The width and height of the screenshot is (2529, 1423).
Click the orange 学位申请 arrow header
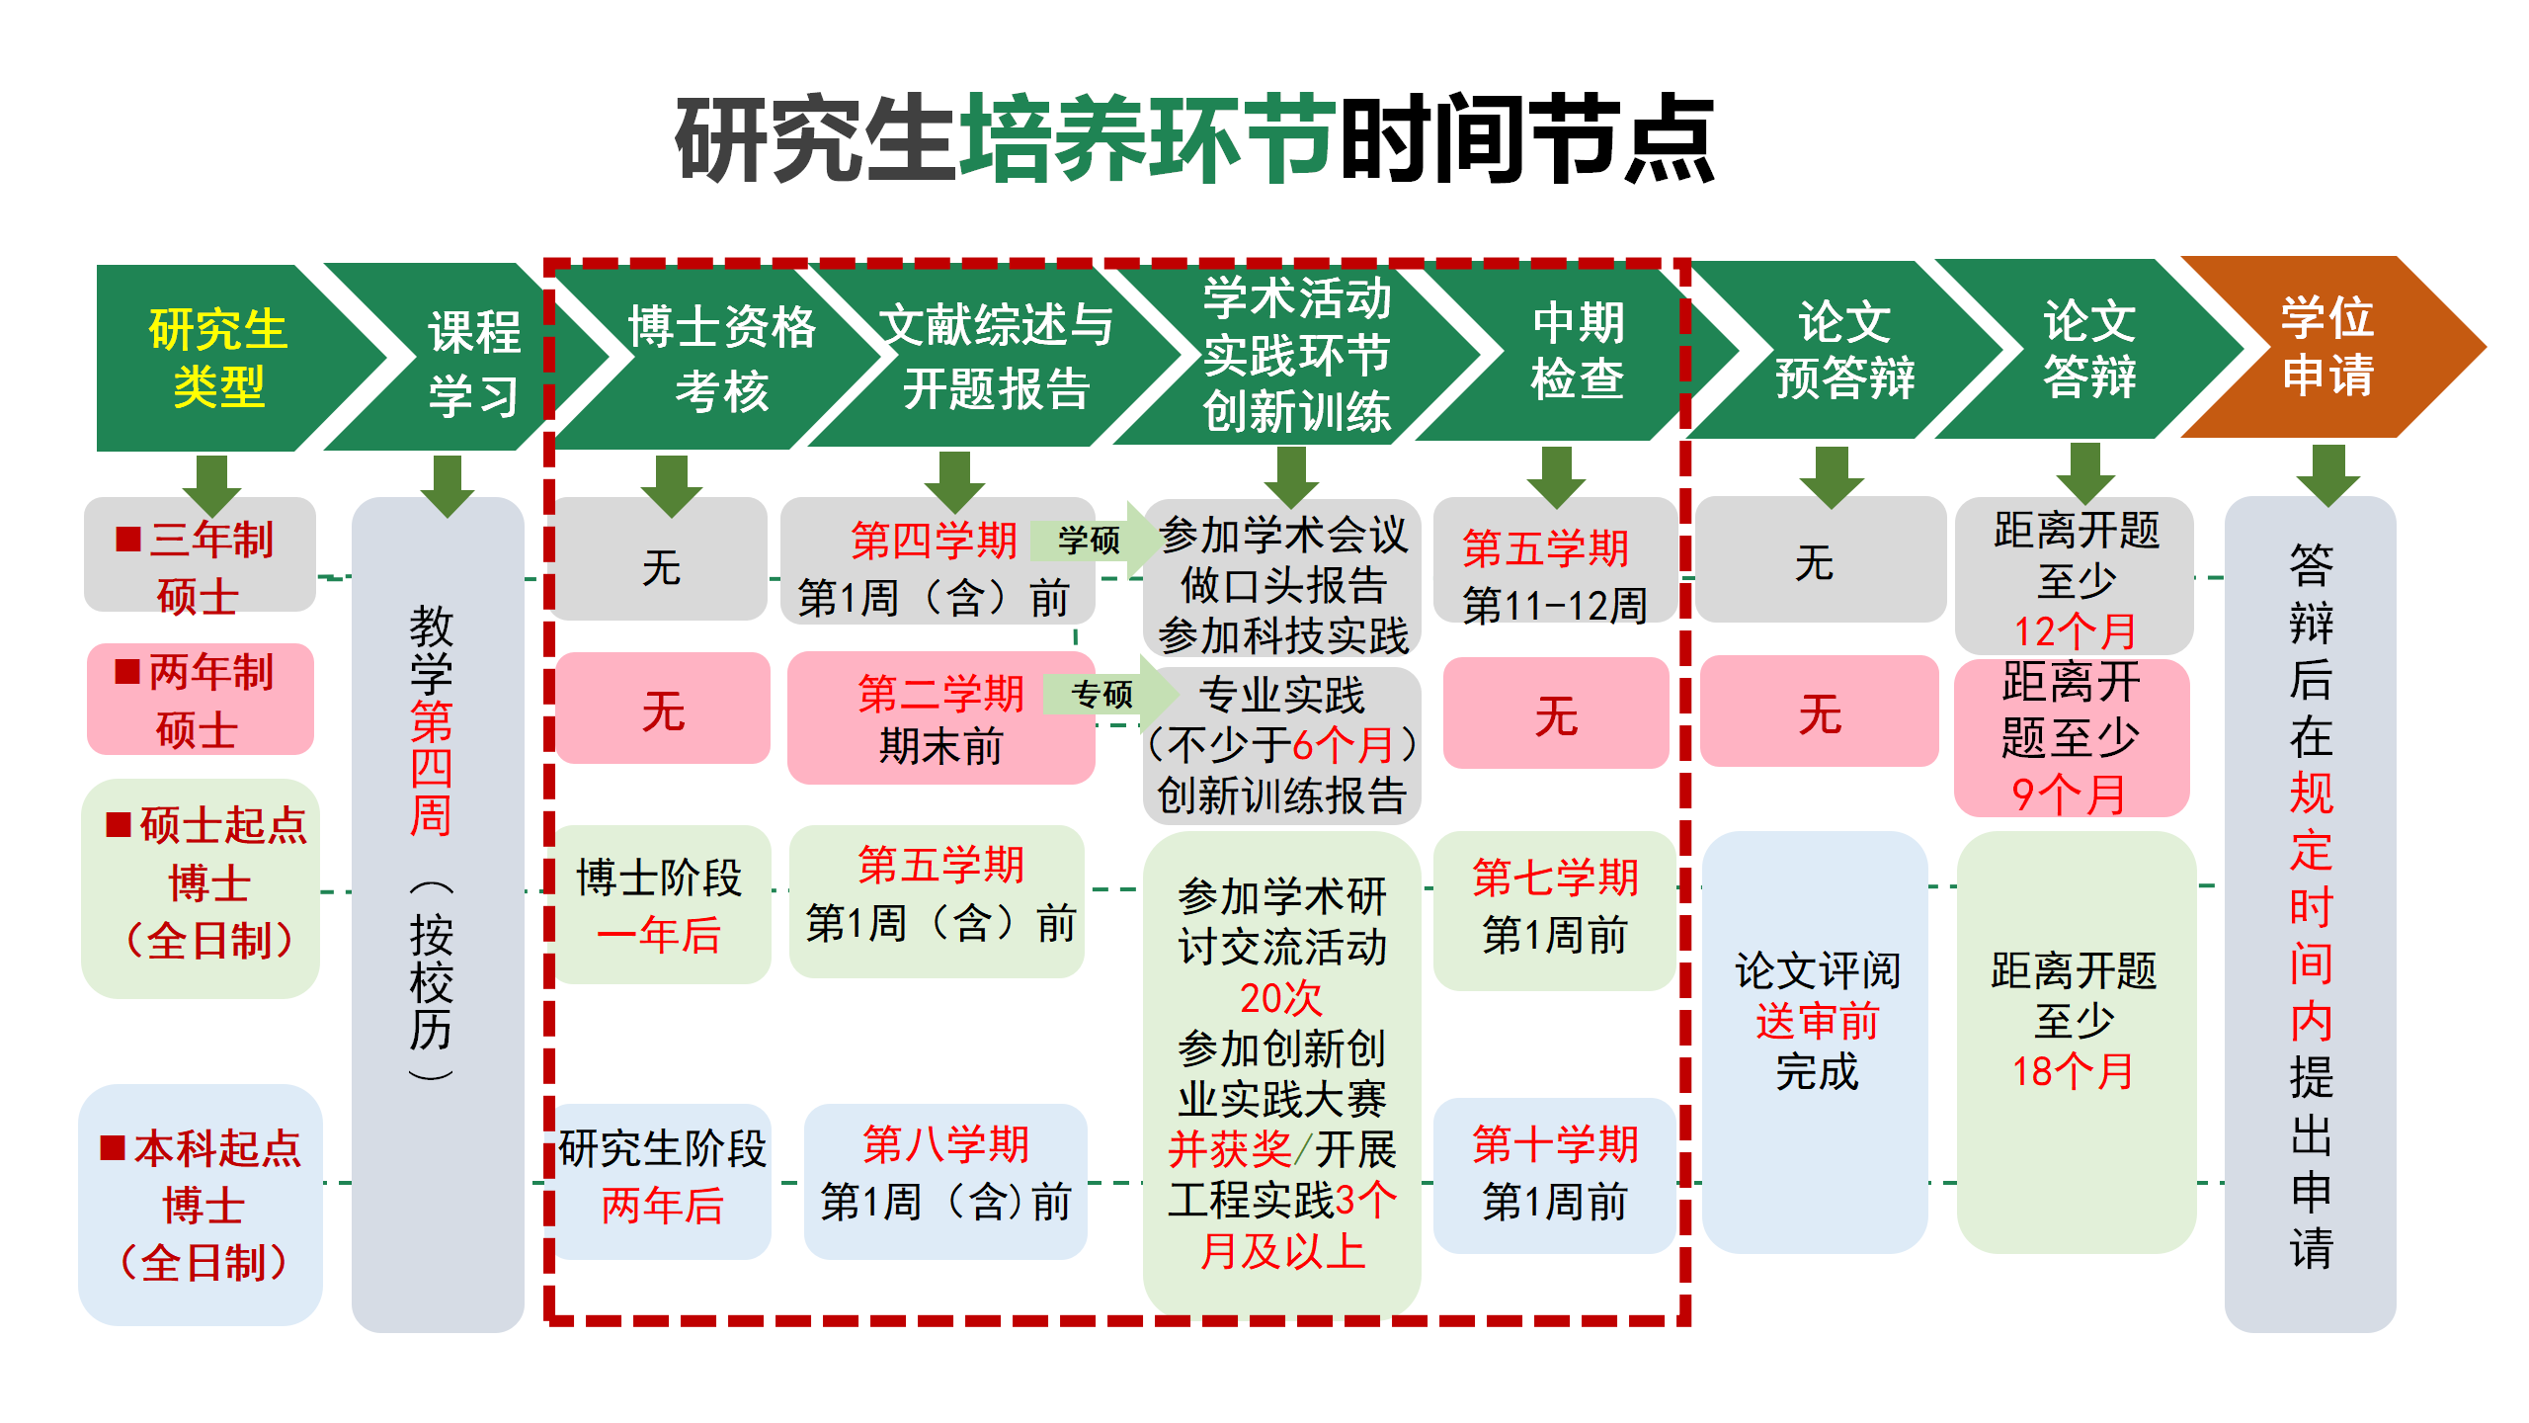pos(2326,347)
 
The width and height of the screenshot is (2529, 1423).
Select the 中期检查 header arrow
pos(1577,351)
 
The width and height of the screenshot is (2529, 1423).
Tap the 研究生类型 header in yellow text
pos(218,357)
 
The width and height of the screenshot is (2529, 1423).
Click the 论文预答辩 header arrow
pos(1843,350)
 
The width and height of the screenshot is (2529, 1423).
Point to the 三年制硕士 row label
pos(200,565)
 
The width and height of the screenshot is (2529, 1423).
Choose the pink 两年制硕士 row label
pos(201,700)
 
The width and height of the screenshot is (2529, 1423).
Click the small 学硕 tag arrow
pos(1091,540)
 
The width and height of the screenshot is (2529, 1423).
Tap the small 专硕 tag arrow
pos(1104,694)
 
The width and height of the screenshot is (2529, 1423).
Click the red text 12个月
pos(2075,630)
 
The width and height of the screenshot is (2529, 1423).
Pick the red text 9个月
pos(2068,794)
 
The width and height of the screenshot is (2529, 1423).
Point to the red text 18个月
pos(2073,1071)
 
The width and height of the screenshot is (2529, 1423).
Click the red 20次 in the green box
pos(1280,998)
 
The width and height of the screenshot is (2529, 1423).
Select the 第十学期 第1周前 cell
pos(1554,1174)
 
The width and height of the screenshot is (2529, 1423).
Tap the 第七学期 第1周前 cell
pos(1554,907)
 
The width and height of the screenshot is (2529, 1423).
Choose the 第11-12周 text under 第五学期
pos(1554,605)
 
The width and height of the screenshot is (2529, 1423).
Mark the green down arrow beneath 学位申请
pos(2327,474)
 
